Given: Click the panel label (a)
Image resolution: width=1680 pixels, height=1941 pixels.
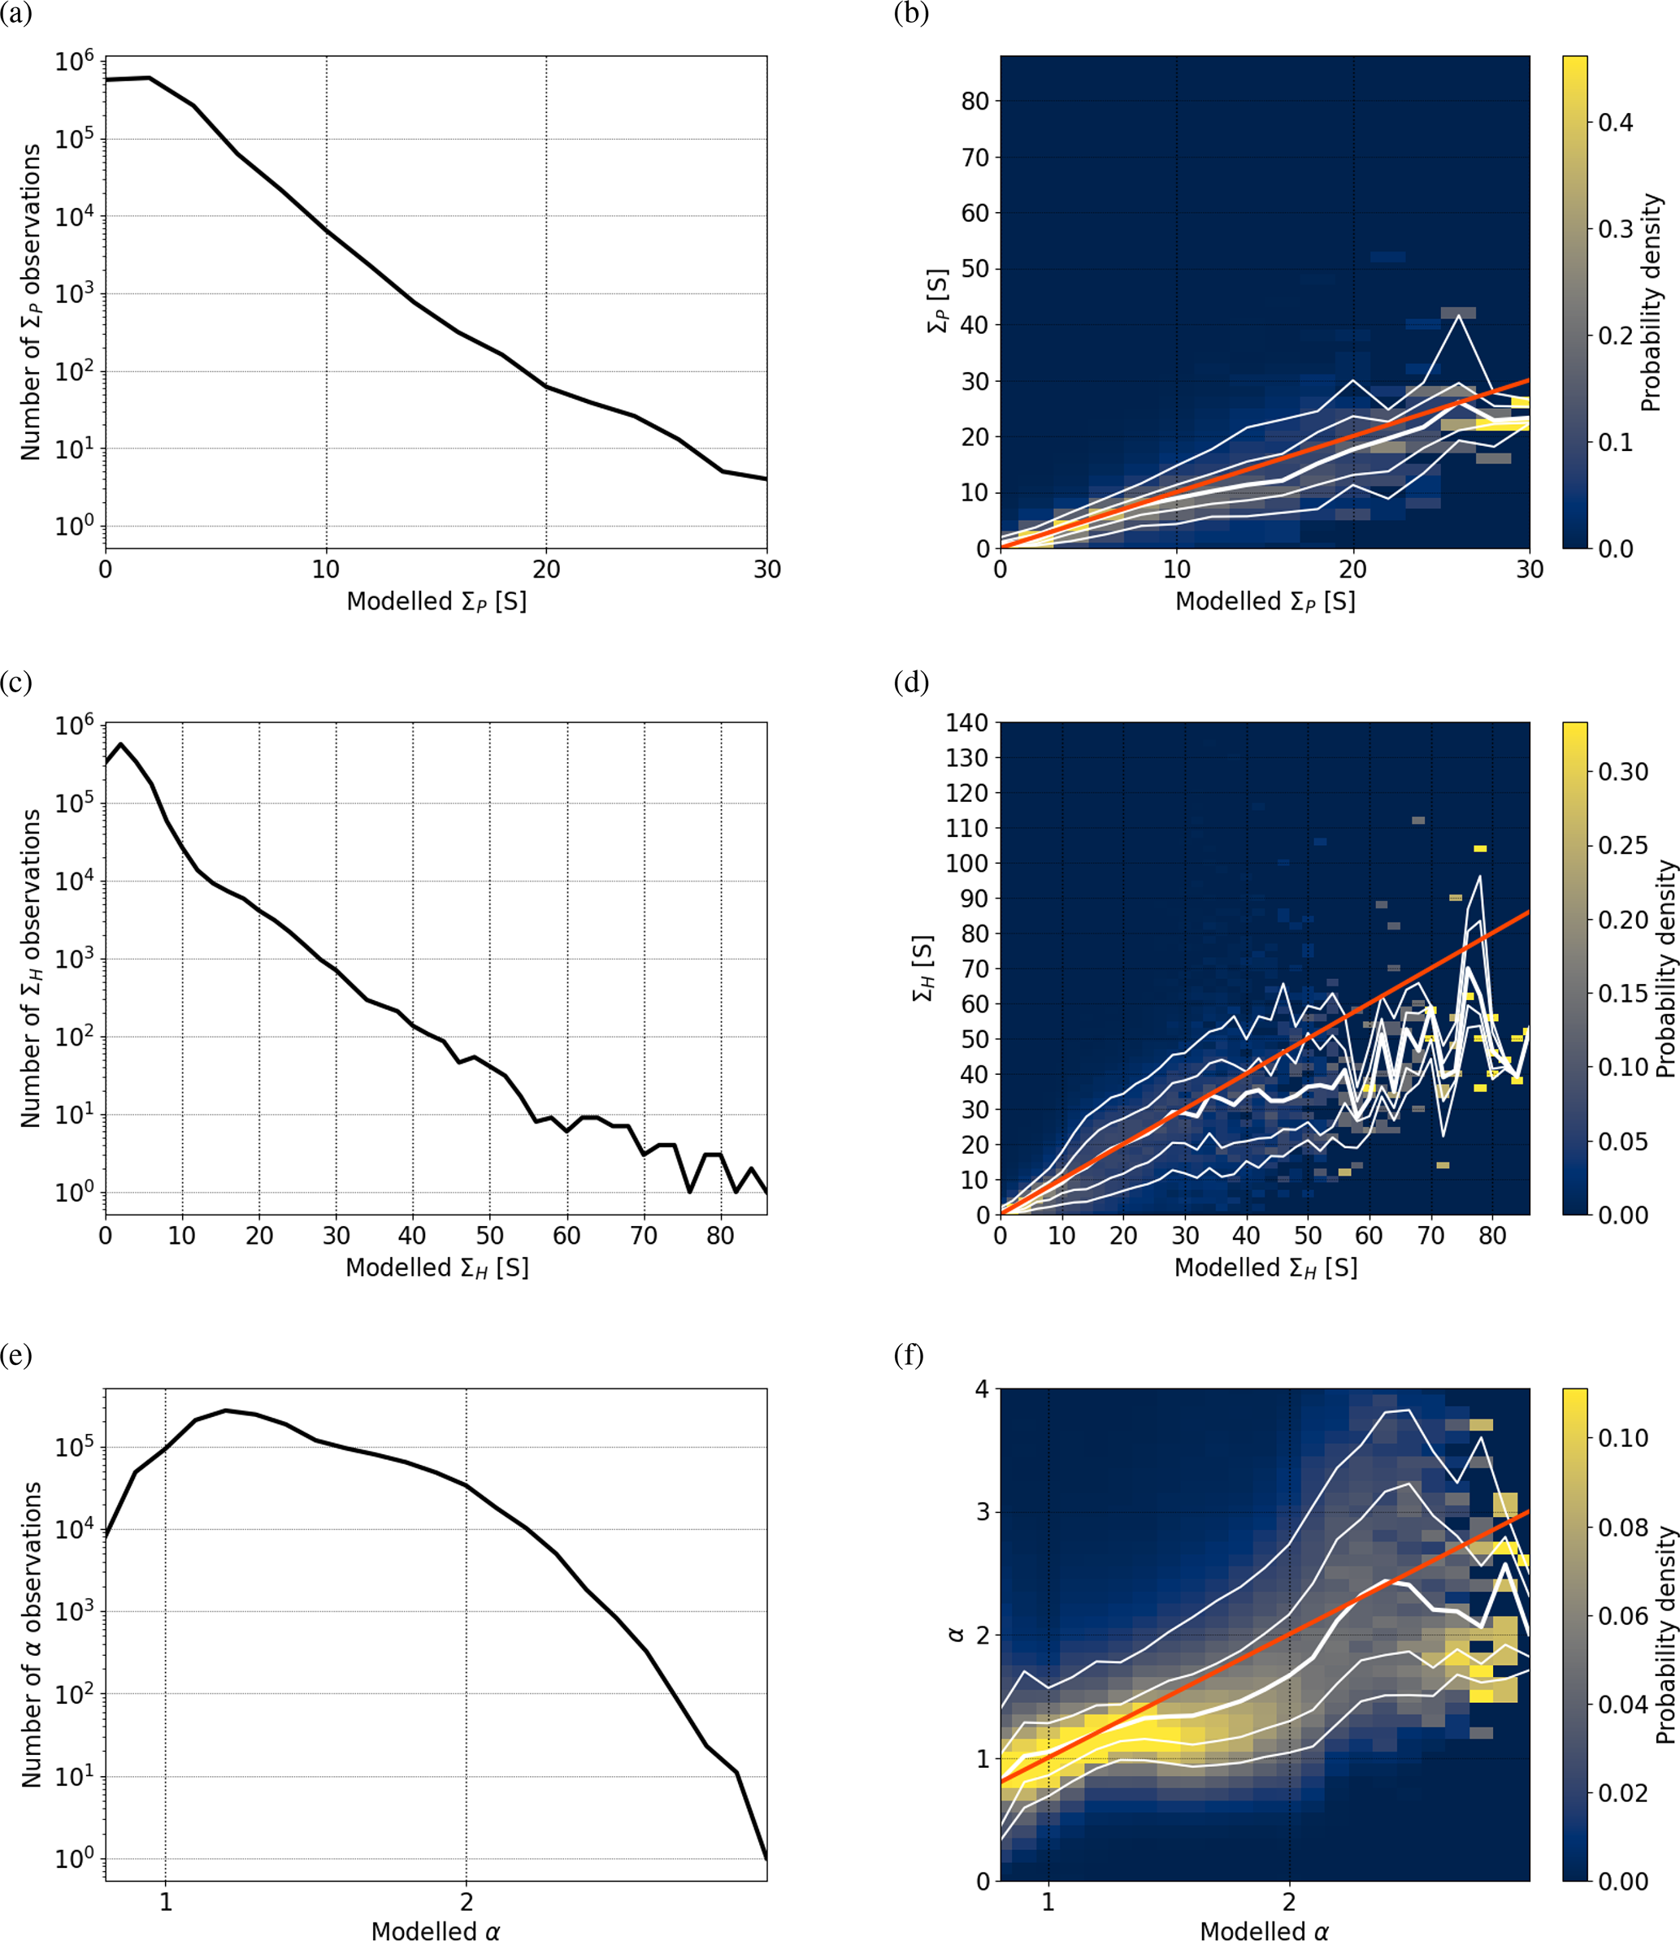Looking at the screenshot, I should tap(16, 16).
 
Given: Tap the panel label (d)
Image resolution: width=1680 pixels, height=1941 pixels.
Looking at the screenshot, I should tap(910, 682).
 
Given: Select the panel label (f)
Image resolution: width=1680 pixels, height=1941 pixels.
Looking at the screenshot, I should tap(909, 1355).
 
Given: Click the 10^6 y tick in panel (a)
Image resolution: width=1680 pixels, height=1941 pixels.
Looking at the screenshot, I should tap(74, 62).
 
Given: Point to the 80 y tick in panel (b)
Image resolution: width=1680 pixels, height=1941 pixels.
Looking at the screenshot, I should tap(975, 102).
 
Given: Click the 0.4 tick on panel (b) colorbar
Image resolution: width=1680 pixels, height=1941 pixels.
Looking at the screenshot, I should tap(1615, 123).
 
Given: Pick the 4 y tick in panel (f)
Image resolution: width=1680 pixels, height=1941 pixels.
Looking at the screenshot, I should tap(982, 1389).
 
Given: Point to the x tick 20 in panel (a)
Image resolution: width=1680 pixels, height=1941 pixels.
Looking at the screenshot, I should tap(546, 569).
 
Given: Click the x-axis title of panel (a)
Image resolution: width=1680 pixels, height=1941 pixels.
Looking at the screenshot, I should tap(436, 602).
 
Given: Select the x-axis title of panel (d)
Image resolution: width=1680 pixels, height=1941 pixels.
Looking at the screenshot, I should tap(1265, 1268).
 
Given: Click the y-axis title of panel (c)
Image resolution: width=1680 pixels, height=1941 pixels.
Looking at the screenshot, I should tap(31, 968).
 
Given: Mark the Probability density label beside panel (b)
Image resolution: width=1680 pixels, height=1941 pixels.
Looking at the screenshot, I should tap(1651, 303).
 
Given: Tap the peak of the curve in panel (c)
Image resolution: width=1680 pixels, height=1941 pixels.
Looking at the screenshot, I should tap(121, 744).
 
